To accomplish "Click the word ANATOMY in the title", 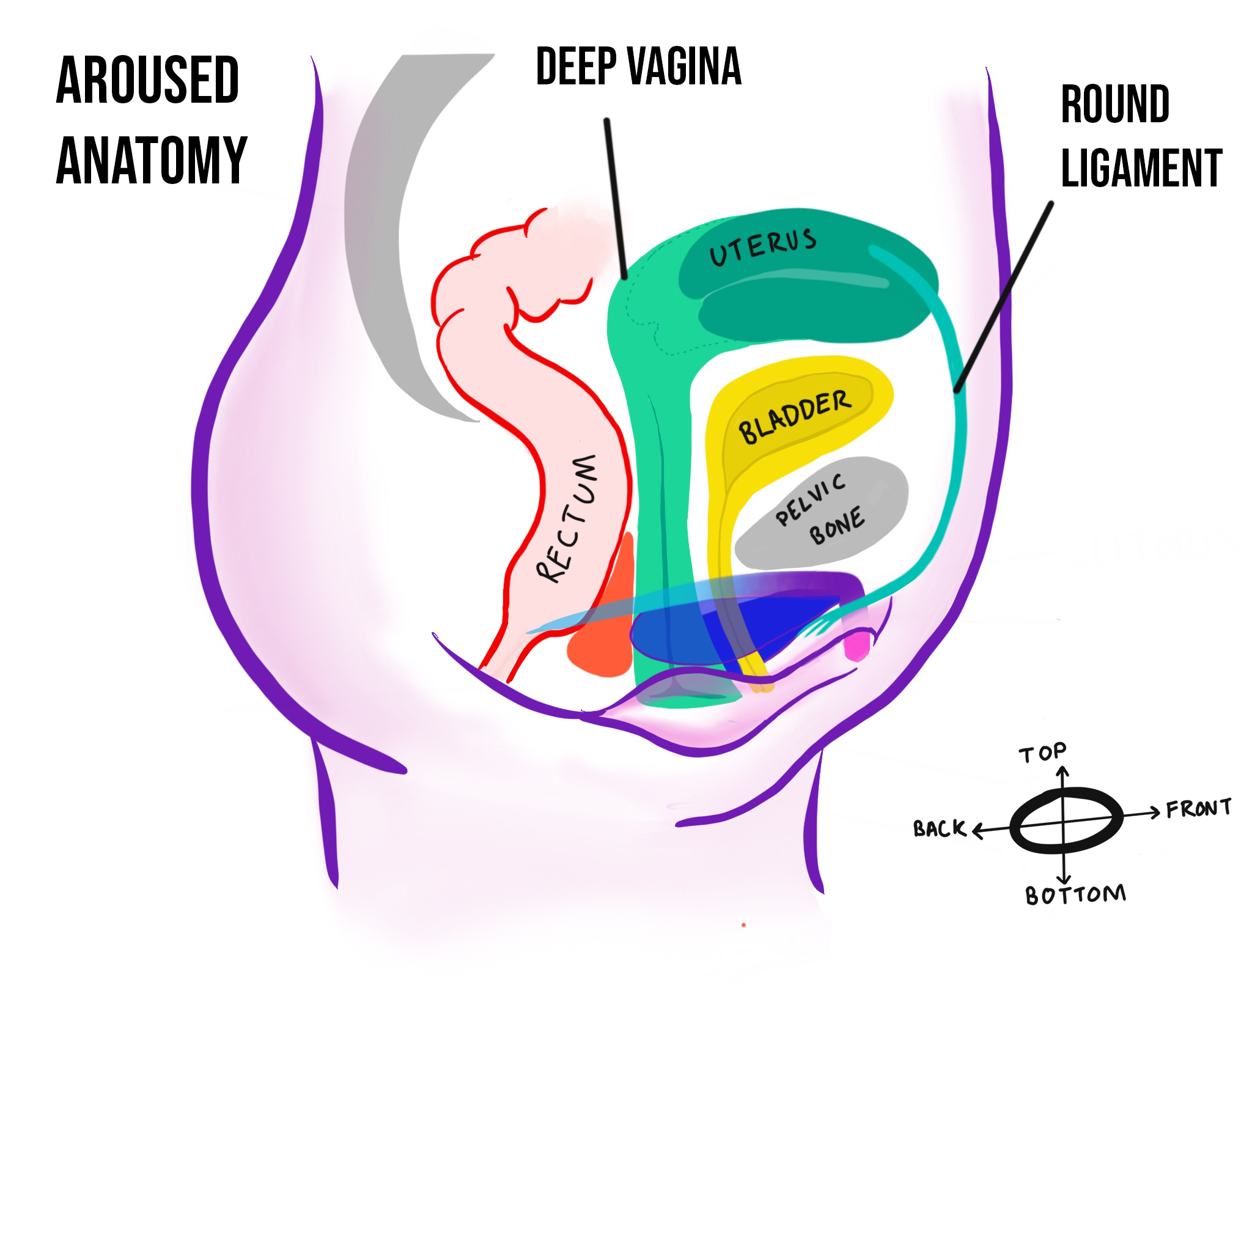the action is click(152, 161).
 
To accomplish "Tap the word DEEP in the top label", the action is click(576, 67).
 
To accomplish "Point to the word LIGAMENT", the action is click(1141, 169).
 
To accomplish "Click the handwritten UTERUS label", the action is click(763, 247).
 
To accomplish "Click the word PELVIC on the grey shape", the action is click(811, 499).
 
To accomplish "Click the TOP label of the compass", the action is click(1042, 753).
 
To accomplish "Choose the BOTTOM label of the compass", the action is click(1076, 896).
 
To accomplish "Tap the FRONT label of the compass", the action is click(1198, 809).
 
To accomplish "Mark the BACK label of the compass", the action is click(939, 829).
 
